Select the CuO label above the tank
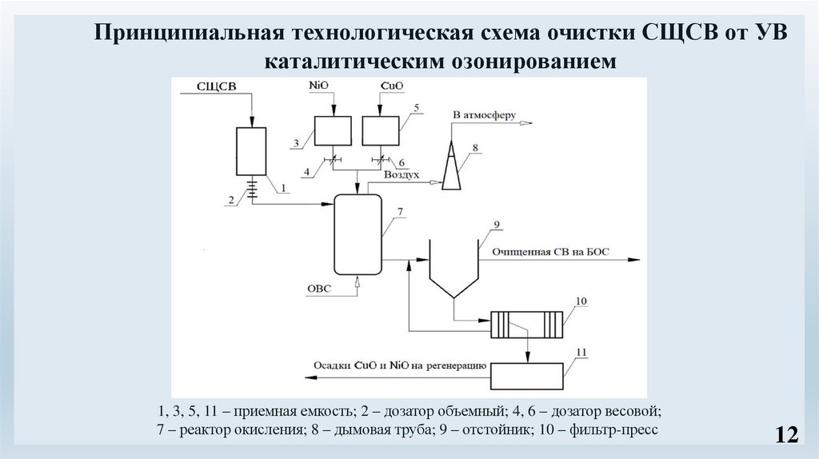(390, 85)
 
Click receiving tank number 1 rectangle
(251, 152)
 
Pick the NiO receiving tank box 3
(334, 130)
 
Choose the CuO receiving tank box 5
(381, 130)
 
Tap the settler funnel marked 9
(453, 269)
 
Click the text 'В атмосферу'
(479, 114)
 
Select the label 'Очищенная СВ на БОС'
(550, 252)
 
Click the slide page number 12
(786, 435)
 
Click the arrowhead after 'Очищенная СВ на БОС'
(634, 260)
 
